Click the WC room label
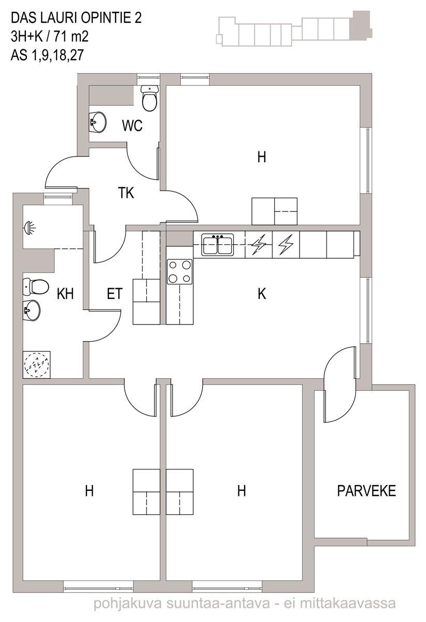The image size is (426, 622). [132, 125]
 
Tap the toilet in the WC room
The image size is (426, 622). [150, 98]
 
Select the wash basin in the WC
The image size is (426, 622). [97, 122]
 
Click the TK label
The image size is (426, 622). [126, 193]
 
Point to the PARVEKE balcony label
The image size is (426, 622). [366, 491]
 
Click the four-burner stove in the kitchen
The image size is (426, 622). [179, 272]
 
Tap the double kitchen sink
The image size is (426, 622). [218, 244]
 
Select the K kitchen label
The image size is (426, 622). [262, 293]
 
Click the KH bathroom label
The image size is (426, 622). [65, 294]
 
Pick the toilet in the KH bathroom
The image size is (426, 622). [36, 286]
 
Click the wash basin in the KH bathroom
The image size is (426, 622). [32, 310]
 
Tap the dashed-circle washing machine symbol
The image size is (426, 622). [37, 364]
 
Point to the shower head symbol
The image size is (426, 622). [30, 227]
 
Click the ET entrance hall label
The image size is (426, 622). [115, 294]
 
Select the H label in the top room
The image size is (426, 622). [262, 157]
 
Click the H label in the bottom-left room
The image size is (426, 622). [89, 491]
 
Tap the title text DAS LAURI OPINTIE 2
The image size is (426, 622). [76, 18]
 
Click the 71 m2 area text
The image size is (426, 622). [72, 36]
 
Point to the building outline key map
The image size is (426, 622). [294, 29]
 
